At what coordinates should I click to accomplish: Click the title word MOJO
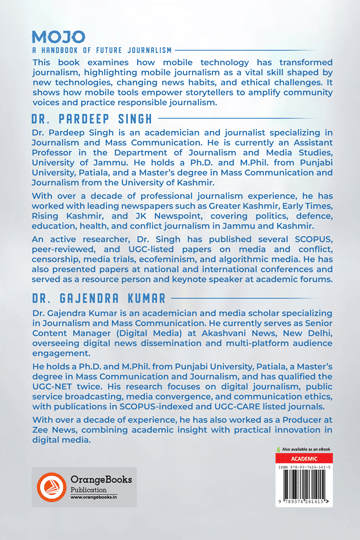(51, 37)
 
